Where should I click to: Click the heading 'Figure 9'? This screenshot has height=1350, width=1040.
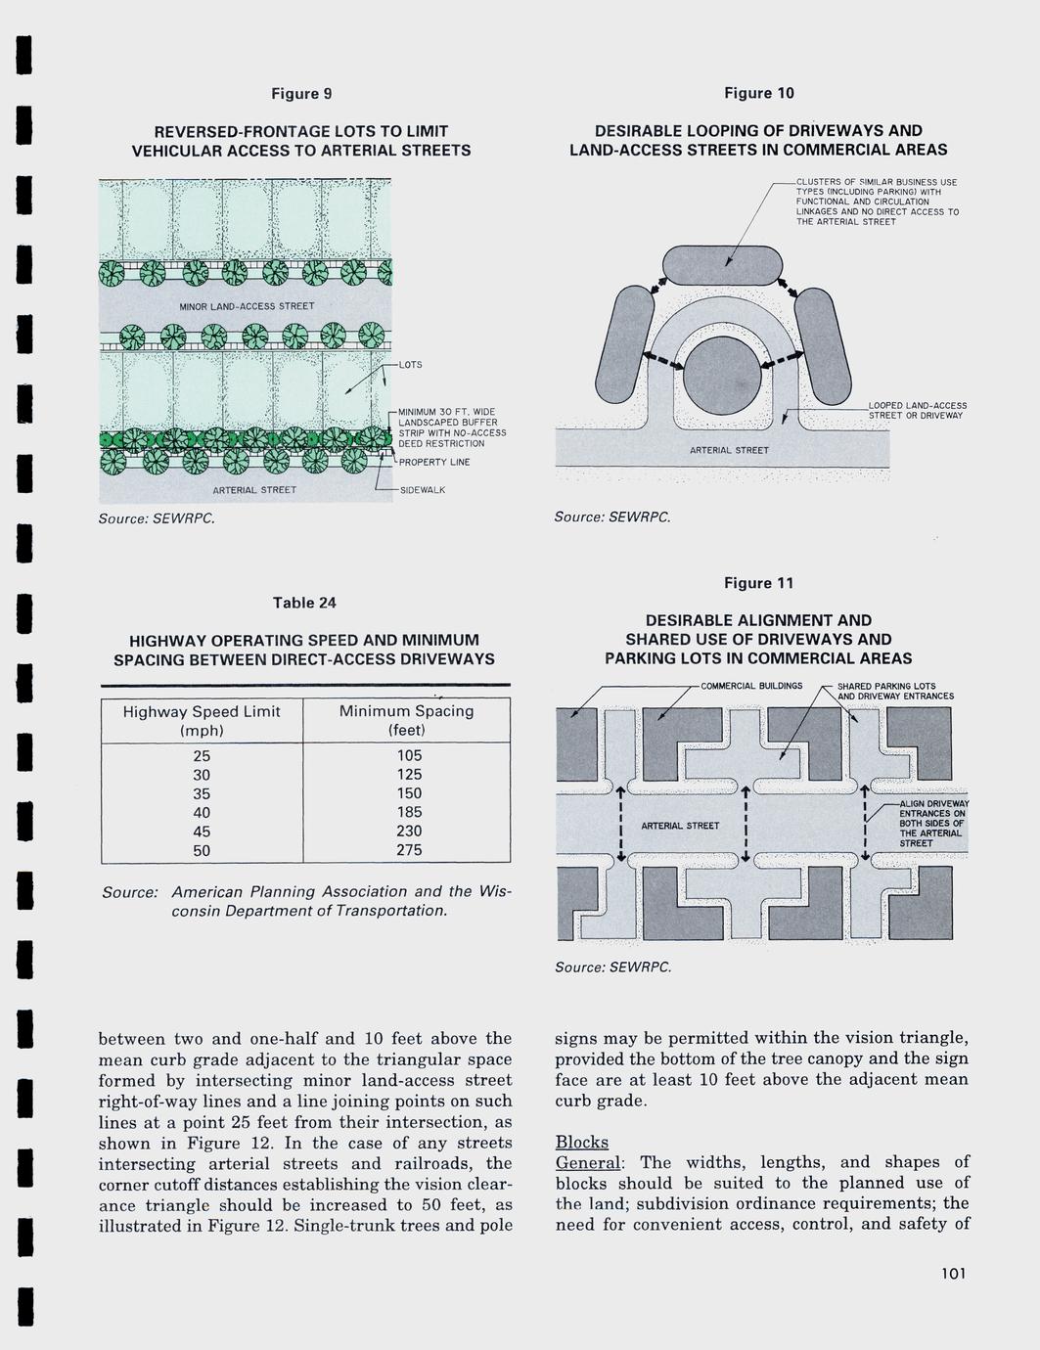(301, 94)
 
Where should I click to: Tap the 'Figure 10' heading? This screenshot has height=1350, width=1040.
(758, 93)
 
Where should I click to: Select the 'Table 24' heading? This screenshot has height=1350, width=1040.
(304, 603)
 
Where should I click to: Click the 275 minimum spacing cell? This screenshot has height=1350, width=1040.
(409, 850)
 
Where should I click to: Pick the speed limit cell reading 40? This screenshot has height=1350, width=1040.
(202, 812)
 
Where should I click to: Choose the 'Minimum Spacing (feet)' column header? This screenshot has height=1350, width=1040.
(406, 721)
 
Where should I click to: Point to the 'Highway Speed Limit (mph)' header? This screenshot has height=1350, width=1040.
(202, 721)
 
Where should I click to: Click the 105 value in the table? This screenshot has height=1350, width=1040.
(409, 755)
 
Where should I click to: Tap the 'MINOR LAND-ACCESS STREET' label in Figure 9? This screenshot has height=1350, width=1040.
(247, 306)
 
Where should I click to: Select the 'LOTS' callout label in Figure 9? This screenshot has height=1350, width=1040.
(411, 365)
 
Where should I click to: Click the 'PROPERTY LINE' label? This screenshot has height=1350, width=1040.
(433, 462)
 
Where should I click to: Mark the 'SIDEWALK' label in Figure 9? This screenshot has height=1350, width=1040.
(423, 489)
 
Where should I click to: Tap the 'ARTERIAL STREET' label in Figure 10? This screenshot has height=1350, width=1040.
(729, 450)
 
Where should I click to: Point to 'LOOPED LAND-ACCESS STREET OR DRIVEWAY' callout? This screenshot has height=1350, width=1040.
(917, 410)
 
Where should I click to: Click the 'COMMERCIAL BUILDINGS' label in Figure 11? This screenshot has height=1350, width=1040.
(750, 686)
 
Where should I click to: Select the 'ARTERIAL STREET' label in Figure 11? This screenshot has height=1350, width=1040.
(680, 826)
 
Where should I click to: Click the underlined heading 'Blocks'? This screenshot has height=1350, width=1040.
(581, 1142)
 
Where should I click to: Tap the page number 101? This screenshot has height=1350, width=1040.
(952, 1273)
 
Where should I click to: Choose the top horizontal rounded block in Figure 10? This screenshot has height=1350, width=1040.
(723, 264)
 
